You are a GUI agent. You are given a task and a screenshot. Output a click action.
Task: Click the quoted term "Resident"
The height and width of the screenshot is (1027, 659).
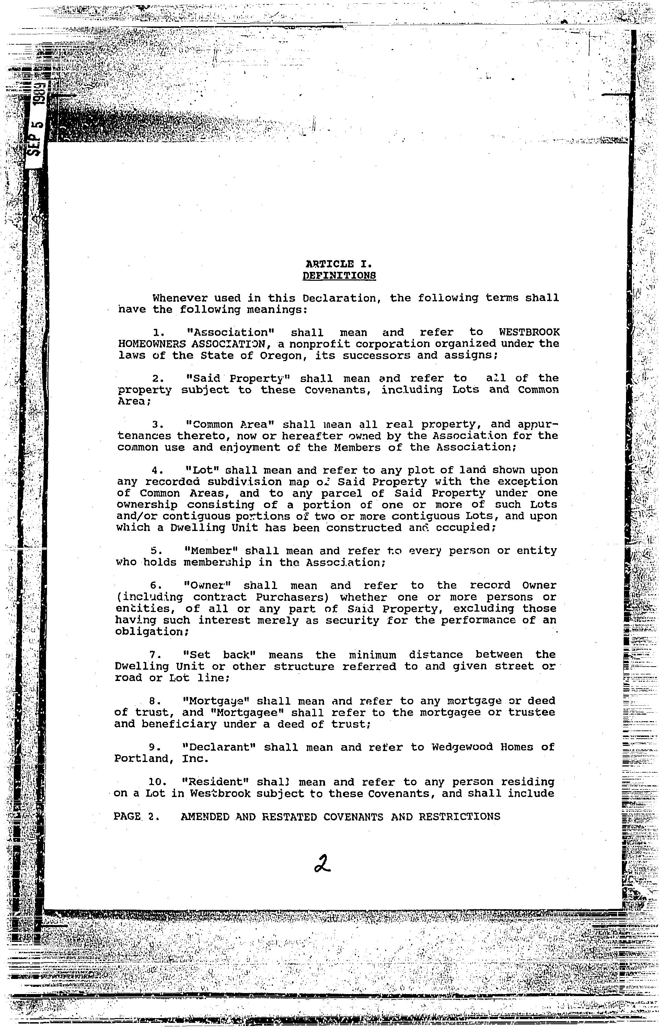215,782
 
